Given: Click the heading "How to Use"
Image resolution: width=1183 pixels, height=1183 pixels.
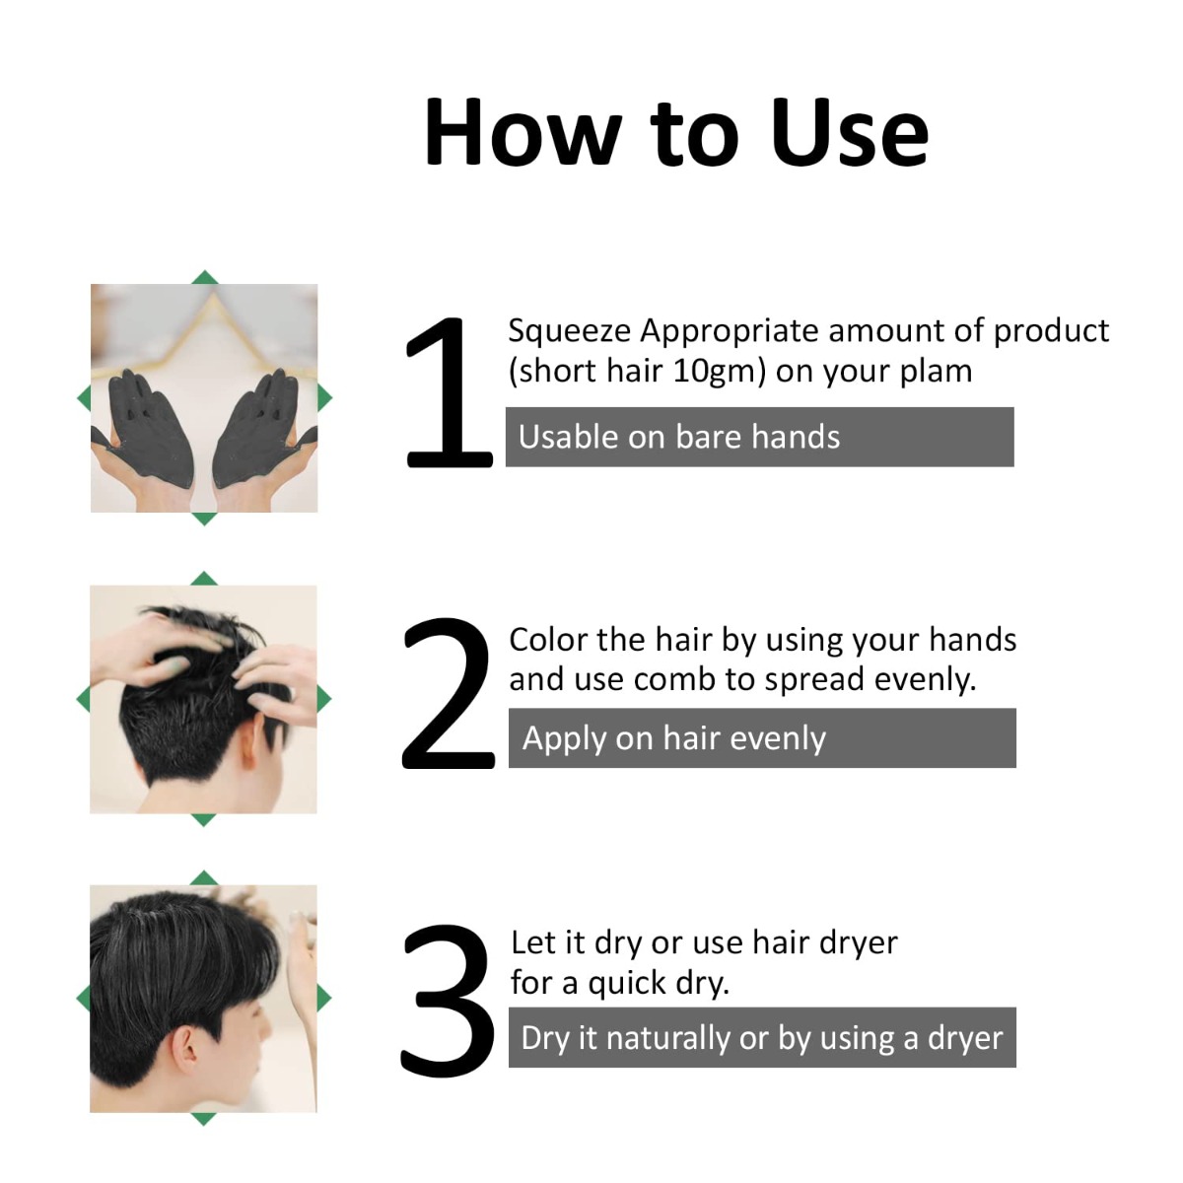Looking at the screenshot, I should pos(676,132).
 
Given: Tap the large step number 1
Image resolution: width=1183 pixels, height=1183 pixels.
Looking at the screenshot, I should pos(449,394).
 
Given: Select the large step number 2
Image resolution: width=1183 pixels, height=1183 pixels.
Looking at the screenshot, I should pos(448,694).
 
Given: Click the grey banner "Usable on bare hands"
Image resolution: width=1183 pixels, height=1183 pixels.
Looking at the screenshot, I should pos(759,437).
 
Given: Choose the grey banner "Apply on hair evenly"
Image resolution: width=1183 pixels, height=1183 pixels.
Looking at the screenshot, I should pos(761,738).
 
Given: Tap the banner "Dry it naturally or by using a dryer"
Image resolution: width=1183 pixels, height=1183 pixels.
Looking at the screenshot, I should pos(761,1037).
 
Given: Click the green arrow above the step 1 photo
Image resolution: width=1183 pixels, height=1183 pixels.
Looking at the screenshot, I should pos(204,277).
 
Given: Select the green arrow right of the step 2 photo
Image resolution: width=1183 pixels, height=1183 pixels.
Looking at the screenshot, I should pos(324,699).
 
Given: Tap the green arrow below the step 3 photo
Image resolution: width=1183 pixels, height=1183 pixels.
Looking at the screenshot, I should pos(203,1119).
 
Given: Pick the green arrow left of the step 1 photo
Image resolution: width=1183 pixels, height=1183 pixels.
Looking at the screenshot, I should pos(84,398).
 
